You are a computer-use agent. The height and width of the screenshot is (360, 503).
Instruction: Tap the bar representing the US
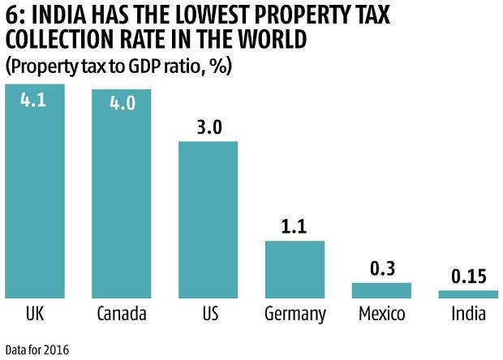(208, 219)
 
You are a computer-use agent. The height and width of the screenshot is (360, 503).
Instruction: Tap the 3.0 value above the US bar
(208, 126)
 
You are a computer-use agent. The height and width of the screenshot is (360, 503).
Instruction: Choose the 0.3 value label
(381, 268)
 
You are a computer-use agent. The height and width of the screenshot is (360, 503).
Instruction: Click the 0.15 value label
(468, 275)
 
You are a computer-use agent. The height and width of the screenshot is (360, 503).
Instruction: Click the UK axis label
(35, 314)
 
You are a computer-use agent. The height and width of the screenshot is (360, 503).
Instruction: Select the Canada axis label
(121, 314)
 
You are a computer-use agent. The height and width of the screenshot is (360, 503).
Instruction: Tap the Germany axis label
(294, 315)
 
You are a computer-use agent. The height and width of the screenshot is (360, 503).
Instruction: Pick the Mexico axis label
(381, 314)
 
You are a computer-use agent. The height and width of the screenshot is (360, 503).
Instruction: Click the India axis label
(468, 314)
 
